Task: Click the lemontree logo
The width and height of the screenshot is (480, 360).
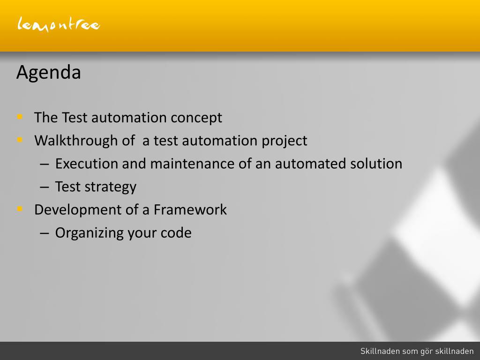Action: click(59, 24)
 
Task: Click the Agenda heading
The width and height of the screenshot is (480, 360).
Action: click(49, 73)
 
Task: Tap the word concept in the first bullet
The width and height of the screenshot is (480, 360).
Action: click(196, 118)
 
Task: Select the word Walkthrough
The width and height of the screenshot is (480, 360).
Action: click(76, 141)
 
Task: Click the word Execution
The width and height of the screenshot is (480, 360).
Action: click(86, 164)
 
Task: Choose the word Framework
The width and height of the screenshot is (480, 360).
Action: click(190, 210)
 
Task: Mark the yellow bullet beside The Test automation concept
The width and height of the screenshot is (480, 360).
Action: click(20, 117)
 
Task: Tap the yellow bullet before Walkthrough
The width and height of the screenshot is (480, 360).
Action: click(20, 140)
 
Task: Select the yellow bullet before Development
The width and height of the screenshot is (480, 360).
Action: click(20, 209)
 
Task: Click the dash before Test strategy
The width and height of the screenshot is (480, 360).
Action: click(45, 187)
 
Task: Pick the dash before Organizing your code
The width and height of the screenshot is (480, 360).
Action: click(45, 233)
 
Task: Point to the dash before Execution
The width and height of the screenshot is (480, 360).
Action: click(45, 165)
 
